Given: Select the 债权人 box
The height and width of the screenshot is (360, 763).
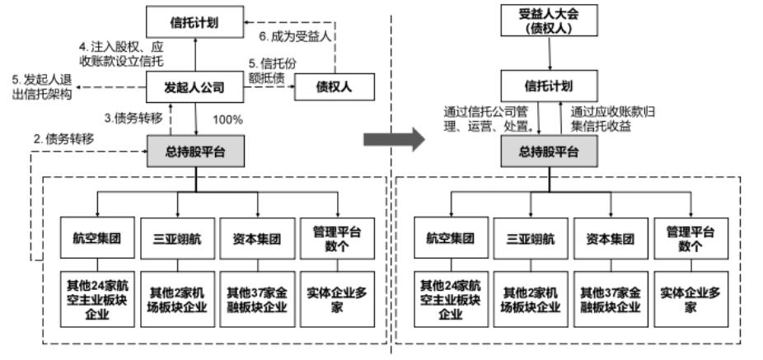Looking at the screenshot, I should [x=334, y=86].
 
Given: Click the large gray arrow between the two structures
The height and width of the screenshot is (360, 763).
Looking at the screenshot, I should [x=394, y=139].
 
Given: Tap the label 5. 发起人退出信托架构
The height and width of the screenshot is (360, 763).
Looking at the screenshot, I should [x=41, y=86].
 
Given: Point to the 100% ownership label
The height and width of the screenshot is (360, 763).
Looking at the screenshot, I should [x=228, y=120].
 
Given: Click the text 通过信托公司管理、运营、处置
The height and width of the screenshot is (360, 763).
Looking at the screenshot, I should [x=489, y=120].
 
